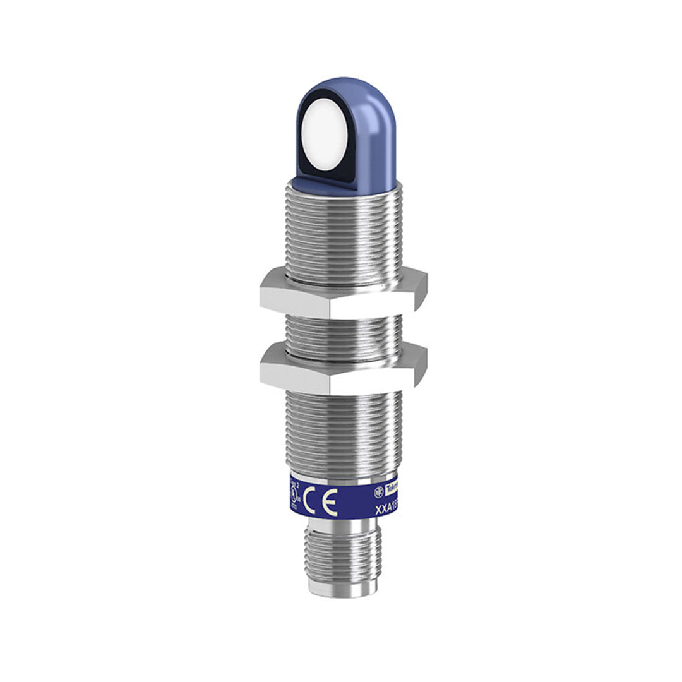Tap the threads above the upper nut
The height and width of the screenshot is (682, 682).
344,234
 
